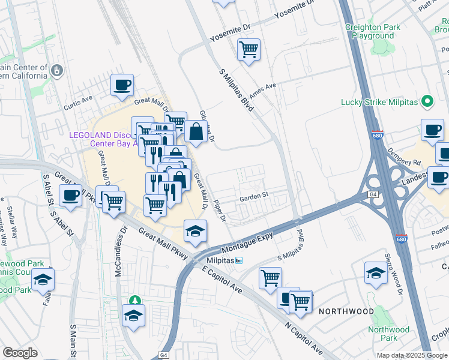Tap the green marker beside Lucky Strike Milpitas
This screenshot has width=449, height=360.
(x=427, y=101)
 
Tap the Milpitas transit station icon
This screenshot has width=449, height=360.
(x=239, y=260)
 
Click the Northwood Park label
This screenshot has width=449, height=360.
(x=389, y=334)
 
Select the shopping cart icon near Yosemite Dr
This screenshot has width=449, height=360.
(x=249, y=50)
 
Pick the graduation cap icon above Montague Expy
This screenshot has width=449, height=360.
(x=195, y=232)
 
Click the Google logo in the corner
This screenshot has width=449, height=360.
(x=20, y=353)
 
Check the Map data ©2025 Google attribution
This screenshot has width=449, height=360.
(x=412, y=355)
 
